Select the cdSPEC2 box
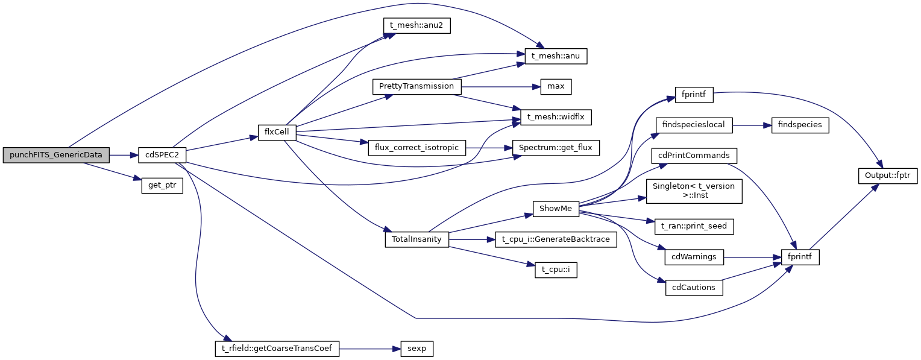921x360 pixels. point(162,155)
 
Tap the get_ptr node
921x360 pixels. point(162,185)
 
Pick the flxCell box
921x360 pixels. point(277,132)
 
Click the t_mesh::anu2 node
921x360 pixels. point(417,26)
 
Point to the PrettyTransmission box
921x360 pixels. point(416,86)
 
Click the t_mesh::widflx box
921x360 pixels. point(552,116)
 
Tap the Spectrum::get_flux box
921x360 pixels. point(556,148)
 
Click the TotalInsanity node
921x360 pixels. point(416,239)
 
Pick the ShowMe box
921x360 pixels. point(556,208)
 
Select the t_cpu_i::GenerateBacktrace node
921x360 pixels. point(556,239)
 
